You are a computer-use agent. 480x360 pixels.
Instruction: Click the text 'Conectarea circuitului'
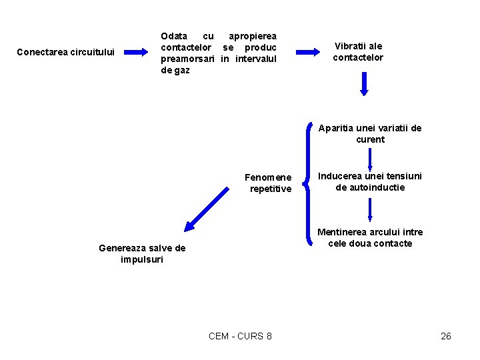point(65,51)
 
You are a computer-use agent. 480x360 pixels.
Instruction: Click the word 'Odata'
point(174,35)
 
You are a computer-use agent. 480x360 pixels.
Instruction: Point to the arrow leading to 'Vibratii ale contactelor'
point(308,51)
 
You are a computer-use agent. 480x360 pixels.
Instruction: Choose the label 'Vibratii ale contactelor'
point(358,51)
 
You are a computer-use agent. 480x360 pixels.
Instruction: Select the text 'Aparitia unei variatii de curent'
point(370,133)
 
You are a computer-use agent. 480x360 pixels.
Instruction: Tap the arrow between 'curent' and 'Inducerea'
point(370,157)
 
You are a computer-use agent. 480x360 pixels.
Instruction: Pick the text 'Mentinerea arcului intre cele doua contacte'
point(370,237)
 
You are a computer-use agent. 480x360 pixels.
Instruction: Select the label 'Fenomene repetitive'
point(268,183)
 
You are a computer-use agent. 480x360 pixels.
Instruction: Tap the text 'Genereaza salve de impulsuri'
point(142,253)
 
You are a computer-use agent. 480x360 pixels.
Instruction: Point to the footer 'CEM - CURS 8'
point(240,336)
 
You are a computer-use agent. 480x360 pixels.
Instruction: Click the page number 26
point(446,336)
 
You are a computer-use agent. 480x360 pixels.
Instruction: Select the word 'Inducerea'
point(339,176)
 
